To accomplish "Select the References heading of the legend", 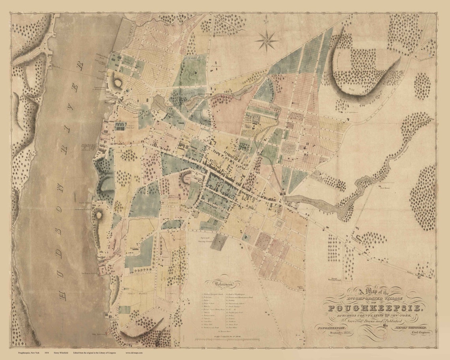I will (221, 284).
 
